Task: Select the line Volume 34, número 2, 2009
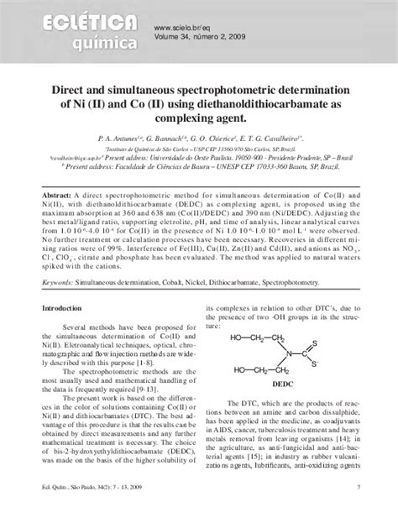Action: click(200, 36)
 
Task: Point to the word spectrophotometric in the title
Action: click(214, 87)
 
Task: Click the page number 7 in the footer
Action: click(359, 510)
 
